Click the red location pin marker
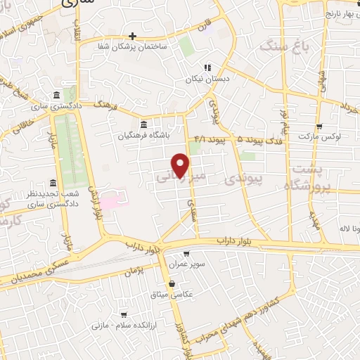pos(181,165)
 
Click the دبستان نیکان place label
pos(207,79)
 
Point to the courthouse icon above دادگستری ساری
pos(56,95)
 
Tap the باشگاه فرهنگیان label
pos(143,134)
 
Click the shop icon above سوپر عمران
pos(186,254)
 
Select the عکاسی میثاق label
pos(172,294)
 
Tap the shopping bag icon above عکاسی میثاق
pos(172,283)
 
